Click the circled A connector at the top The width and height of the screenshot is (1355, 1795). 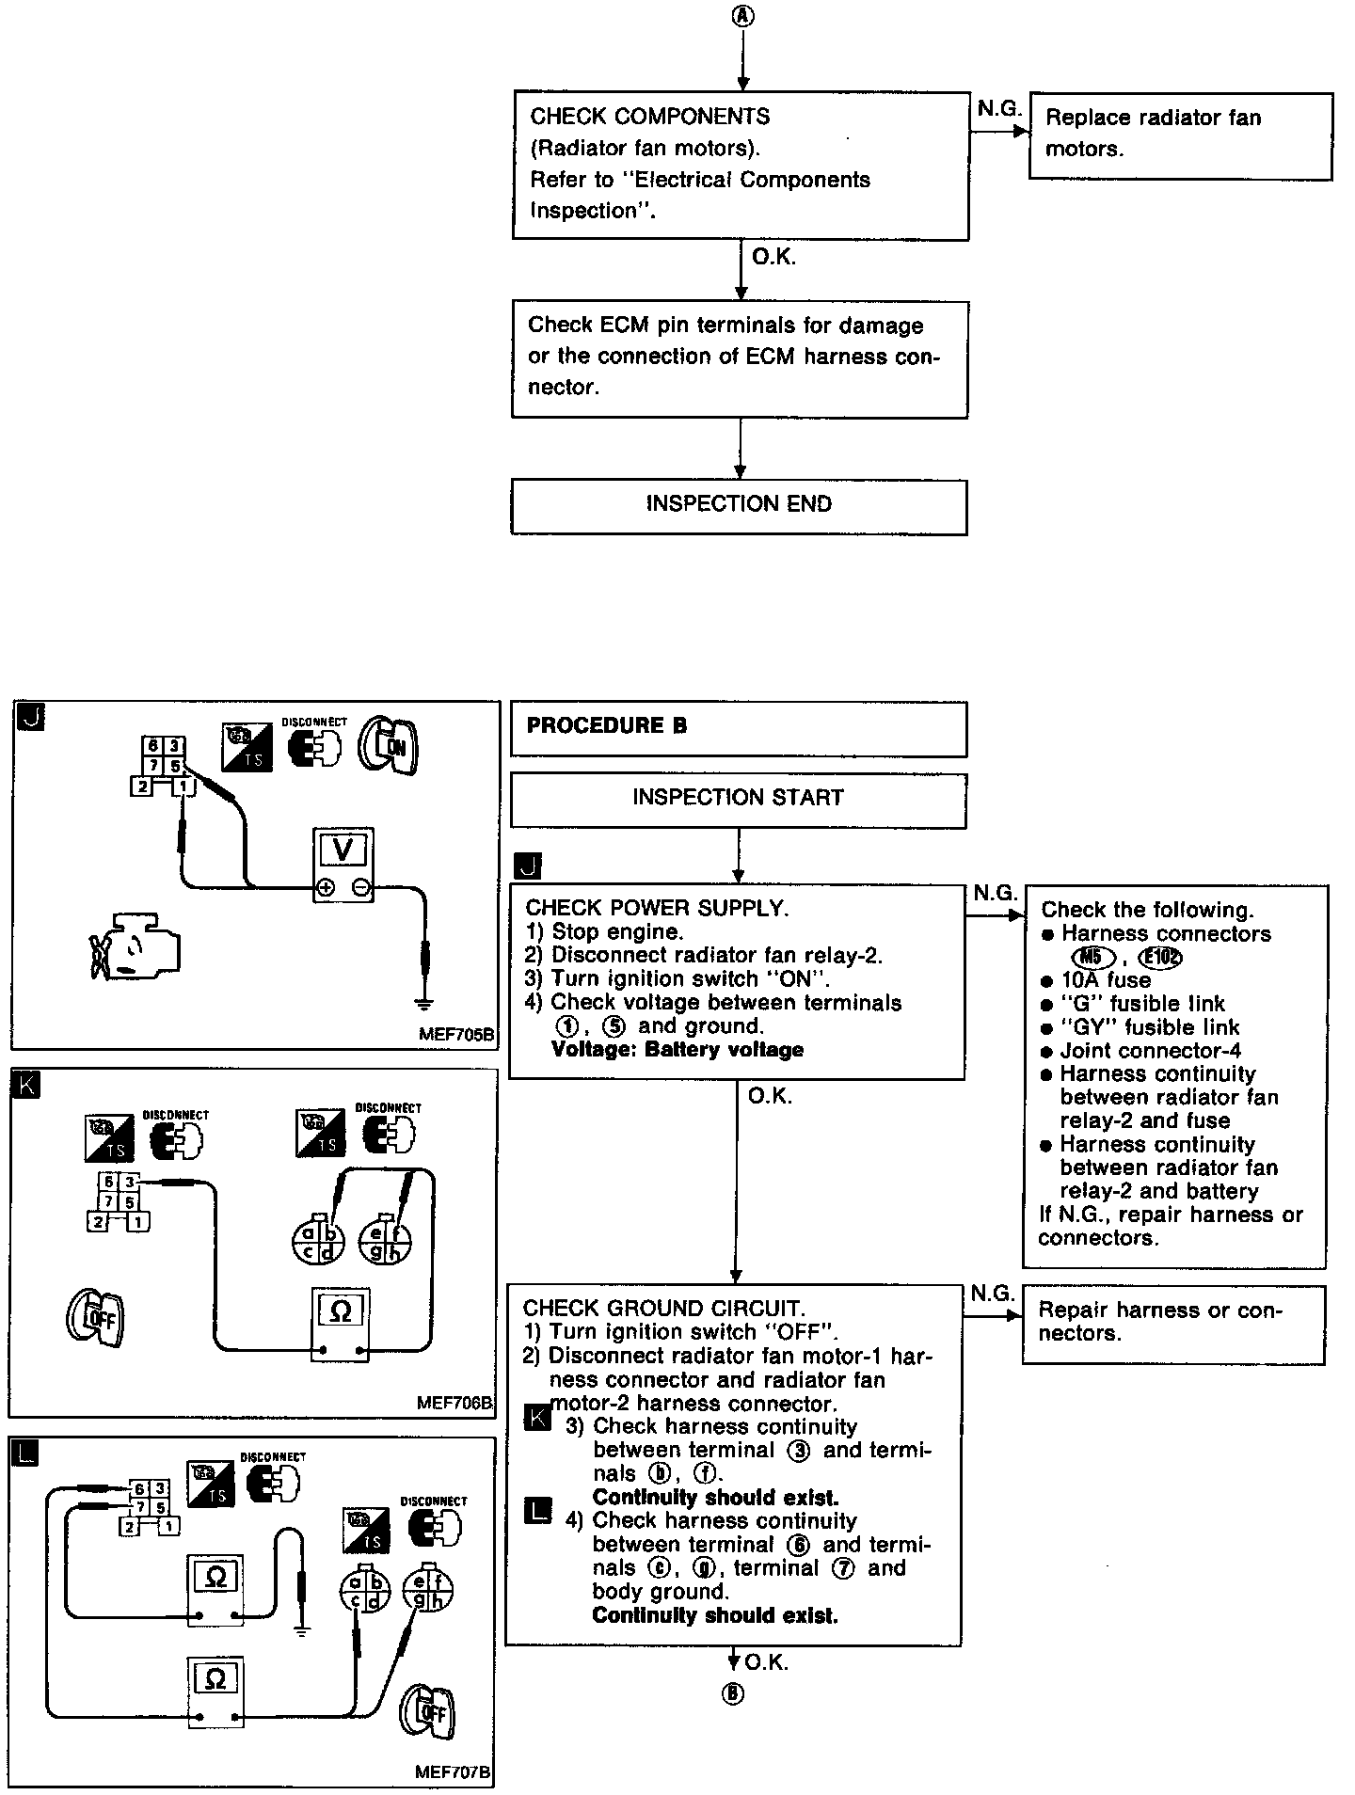pyautogui.click(x=741, y=17)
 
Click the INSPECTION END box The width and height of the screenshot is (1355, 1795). pyautogui.click(x=739, y=506)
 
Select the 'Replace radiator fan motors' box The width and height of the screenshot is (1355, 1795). pyautogui.click(x=1181, y=135)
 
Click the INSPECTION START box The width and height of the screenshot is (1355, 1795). pyautogui.click(x=738, y=800)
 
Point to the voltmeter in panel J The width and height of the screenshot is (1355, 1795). pyautogui.click(x=343, y=865)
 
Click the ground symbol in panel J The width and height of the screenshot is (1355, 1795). pyautogui.click(x=425, y=1002)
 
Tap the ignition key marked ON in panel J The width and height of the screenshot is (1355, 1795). pyautogui.click(x=388, y=746)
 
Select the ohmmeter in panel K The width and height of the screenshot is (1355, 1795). pyautogui.click(x=341, y=1325)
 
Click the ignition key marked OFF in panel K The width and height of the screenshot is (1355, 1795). pyautogui.click(x=95, y=1318)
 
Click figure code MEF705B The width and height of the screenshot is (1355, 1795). pyautogui.click(x=456, y=1034)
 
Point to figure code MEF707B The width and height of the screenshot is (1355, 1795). pyautogui.click(x=453, y=1771)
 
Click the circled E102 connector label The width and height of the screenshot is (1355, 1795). pyautogui.click(x=1159, y=958)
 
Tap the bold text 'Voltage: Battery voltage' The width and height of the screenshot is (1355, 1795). pyautogui.click(x=677, y=1050)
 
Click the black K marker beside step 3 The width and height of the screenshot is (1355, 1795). pyautogui.click(x=537, y=1417)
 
